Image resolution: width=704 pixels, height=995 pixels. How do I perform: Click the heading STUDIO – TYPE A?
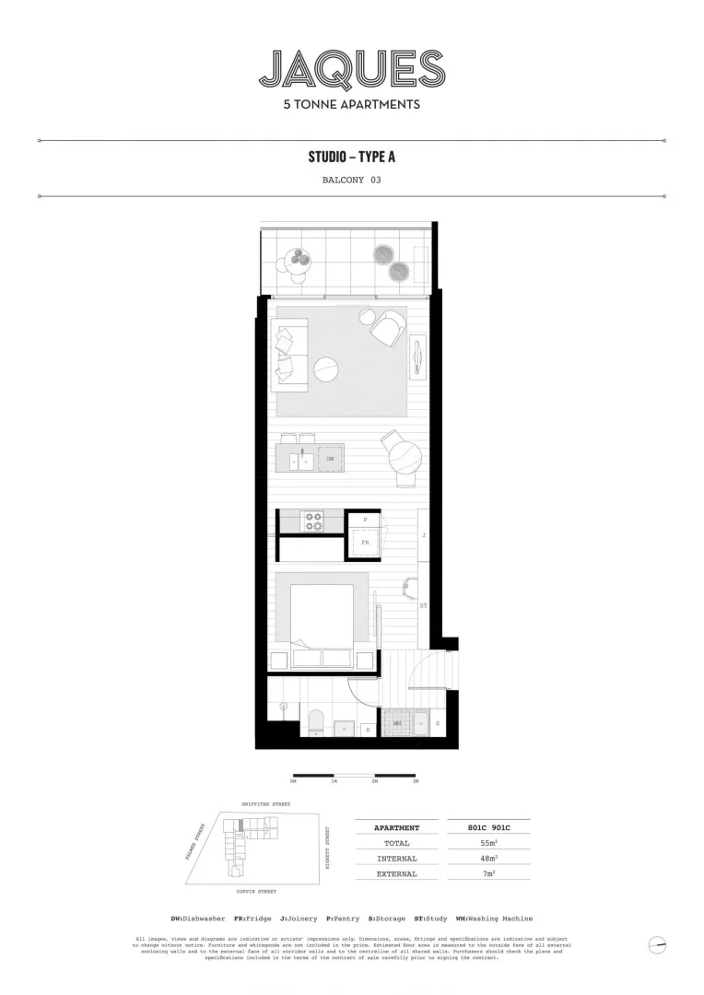point(352,157)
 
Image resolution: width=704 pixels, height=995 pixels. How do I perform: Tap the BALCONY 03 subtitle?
point(351,181)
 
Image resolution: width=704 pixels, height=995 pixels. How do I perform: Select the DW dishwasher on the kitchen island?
point(330,458)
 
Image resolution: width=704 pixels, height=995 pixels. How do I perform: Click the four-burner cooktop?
point(313,521)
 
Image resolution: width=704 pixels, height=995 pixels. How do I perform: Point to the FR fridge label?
point(365,544)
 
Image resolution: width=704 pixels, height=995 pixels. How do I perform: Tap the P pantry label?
point(365,520)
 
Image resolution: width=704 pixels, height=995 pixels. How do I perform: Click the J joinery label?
point(424,534)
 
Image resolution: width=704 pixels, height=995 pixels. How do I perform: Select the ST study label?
point(424,606)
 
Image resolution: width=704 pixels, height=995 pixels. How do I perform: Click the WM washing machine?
point(398,724)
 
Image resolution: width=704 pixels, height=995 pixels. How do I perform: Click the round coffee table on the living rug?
point(326,370)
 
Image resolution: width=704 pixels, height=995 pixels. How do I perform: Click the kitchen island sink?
point(301,458)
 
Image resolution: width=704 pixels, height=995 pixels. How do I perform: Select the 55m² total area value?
point(488,843)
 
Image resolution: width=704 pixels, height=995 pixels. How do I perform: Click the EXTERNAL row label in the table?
point(397,873)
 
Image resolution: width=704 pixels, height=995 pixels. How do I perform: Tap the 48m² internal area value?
point(488,859)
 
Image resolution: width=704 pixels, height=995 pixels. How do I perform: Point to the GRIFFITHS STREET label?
point(266,804)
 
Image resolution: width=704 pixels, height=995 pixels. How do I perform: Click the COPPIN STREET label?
point(257,893)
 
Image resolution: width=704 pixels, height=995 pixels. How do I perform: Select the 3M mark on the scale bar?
point(416,781)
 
